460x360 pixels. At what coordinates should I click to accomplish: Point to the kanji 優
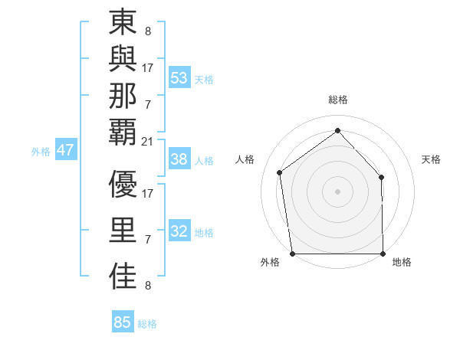[x=123, y=184]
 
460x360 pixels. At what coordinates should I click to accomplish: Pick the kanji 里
[x=123, y=231]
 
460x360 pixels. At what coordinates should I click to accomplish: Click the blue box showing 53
[x=179, y=77]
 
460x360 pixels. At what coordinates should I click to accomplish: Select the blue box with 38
[x=179, y=159]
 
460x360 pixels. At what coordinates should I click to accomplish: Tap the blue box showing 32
[x=179, y=231]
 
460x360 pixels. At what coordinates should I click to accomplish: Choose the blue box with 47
[x=65, y=150]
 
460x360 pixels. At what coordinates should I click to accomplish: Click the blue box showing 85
[x=123, y=322]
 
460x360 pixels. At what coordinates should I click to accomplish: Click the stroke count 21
[x=148, y=141]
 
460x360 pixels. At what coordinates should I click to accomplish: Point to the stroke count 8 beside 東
[x=147, y=32]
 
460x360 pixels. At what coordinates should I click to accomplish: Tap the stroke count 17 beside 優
[x=148, y=193]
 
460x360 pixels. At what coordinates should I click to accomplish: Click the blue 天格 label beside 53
[x=204, y=79]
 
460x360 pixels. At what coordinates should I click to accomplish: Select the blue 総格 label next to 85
[x=147, y=324]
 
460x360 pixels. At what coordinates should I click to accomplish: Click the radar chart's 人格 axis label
[x=245, y=159]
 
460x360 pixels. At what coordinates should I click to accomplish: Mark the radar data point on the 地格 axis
[x=383, y=254]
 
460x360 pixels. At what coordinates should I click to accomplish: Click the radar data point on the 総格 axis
[x=337, y=131]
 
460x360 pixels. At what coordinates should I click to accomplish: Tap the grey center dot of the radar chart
[x=337, y=191]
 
